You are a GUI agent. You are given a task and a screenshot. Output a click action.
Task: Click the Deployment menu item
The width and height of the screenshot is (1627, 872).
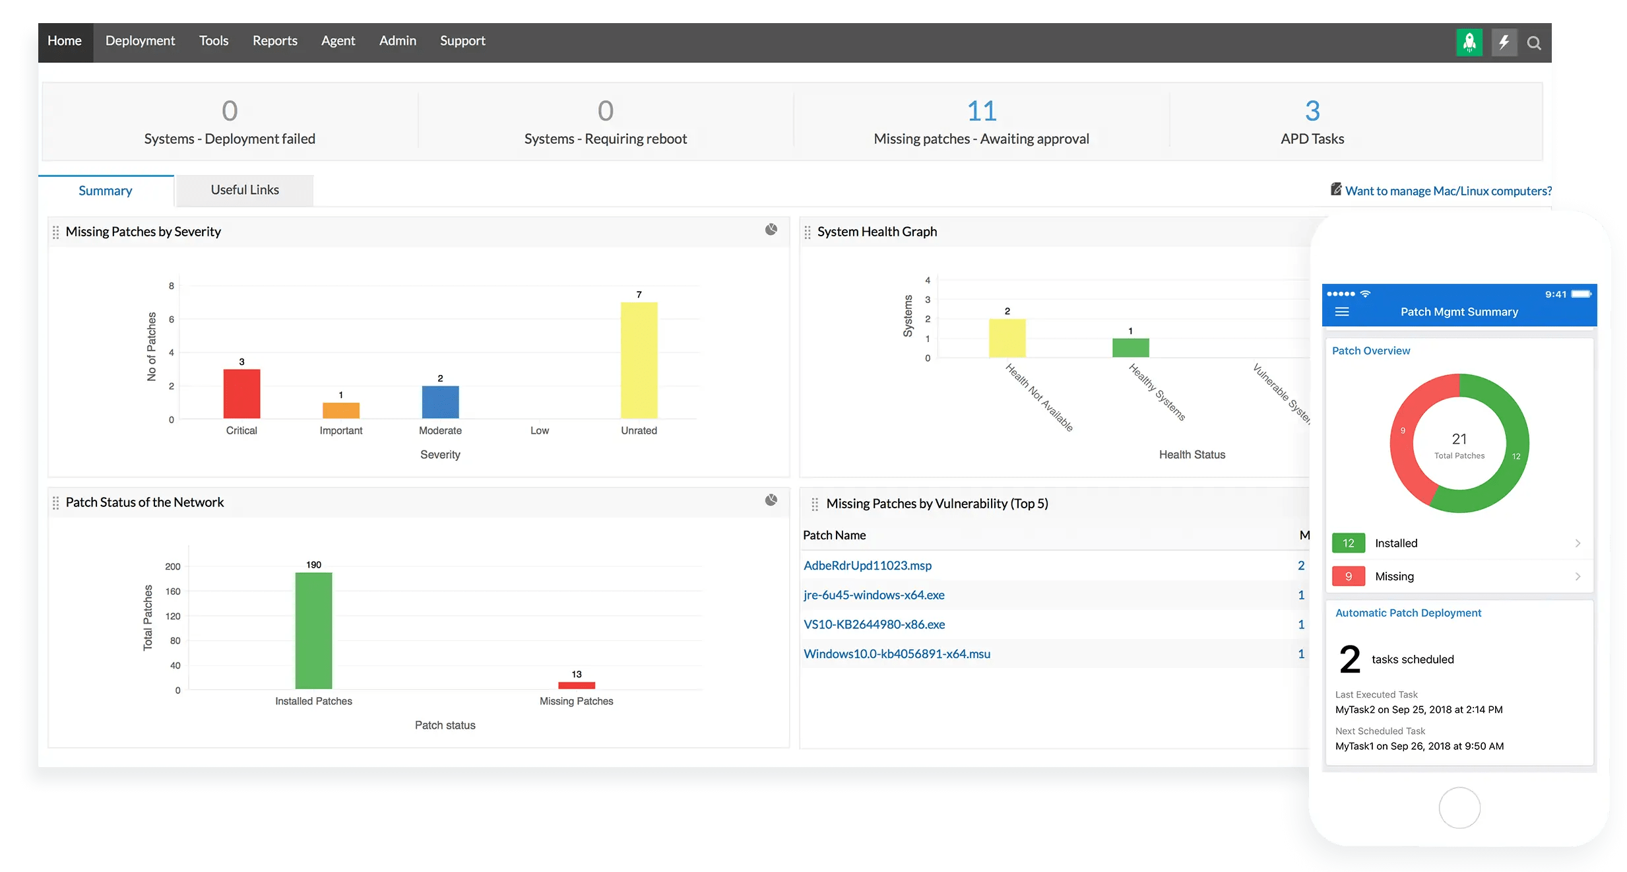[x=140, y=41]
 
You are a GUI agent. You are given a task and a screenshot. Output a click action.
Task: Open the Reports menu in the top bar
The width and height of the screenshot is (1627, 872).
[x=274, y=41]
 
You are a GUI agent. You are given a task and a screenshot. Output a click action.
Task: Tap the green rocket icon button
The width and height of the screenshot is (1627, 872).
[x=1469, y=43]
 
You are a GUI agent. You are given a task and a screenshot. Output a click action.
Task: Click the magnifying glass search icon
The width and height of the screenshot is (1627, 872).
[x=1534, y=44]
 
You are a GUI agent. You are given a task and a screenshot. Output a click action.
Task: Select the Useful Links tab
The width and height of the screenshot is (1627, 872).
[x=245, y=190]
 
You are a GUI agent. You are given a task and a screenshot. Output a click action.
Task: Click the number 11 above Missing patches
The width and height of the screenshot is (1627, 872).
[x=981, y=111]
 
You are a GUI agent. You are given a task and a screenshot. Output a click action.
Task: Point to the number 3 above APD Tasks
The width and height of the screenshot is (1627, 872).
[x=1312, y=111]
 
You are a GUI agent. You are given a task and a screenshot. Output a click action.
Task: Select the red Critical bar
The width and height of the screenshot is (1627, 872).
[x=241, y=393]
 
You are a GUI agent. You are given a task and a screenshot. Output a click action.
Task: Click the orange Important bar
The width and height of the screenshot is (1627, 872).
[x=340, y=410]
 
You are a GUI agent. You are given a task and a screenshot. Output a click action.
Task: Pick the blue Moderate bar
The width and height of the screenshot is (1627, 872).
[x=440, y=402]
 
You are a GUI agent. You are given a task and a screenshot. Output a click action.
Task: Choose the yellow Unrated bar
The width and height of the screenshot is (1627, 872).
[x=639, y=360]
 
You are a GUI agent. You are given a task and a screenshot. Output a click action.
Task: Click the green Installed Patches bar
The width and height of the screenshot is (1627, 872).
[x=313, y=630]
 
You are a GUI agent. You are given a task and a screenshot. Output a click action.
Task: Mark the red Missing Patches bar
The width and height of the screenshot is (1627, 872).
[x=576, y=685]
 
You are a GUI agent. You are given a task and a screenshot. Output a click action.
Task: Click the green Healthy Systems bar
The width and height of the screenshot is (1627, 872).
[x=1130, y=348]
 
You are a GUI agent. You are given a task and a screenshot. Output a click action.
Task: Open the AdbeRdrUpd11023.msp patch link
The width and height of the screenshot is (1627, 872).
[x=867, y=566]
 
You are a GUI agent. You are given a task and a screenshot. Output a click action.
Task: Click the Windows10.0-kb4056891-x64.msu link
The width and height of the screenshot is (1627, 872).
[x=897, y=654]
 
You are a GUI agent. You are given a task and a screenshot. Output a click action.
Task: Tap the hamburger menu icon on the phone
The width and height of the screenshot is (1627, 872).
[x=1341, y=312]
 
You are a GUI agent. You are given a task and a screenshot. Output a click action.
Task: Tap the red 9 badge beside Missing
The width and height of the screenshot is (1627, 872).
[x=1348, y=576]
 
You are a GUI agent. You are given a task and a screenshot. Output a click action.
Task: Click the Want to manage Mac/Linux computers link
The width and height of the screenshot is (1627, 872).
[x=1448, y=191]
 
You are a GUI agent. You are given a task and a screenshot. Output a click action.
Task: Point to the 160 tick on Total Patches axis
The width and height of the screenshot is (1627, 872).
[x=173, y=591]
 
